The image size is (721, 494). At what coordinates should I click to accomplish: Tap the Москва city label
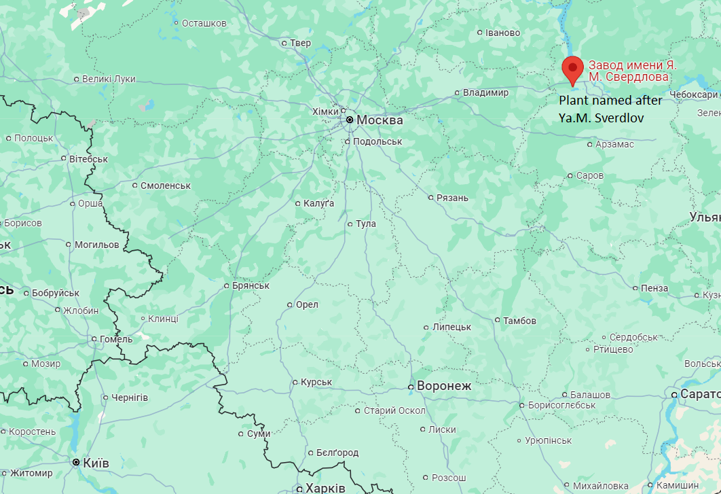(x=380, y=120)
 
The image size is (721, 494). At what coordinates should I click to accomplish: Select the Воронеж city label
(x=443, y=386)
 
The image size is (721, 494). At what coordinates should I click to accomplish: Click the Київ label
(x=96, y=463)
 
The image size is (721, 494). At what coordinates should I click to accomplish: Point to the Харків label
(x=325, y=488)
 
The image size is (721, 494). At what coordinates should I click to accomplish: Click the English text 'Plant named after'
(x=610, y=100)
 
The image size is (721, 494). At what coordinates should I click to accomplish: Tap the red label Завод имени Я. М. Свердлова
(x=632, y=71)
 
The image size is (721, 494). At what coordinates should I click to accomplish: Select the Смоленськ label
(x=166, y=185)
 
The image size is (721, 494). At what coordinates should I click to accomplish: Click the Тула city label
(x=365, y=224)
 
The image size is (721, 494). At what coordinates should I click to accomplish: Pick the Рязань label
(x=452, y=198)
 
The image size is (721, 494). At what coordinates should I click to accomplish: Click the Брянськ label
(x=251, y=285)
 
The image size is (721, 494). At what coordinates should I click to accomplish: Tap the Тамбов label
(x=519, y=320)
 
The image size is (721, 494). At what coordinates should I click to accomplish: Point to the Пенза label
(x=654, y=288)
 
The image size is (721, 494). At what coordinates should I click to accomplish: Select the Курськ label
(x=316, y=382)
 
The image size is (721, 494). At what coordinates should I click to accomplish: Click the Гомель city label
(x=111, y=339)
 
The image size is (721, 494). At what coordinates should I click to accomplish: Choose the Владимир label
(x=485, y=92)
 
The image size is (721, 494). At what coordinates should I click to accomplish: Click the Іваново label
(x=502, y=33)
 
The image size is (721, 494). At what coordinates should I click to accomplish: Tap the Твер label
(x=300, y=43)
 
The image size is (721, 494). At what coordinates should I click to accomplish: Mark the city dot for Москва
(x=350, y=120)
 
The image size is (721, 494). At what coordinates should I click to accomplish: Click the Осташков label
(x=204, y=23)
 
